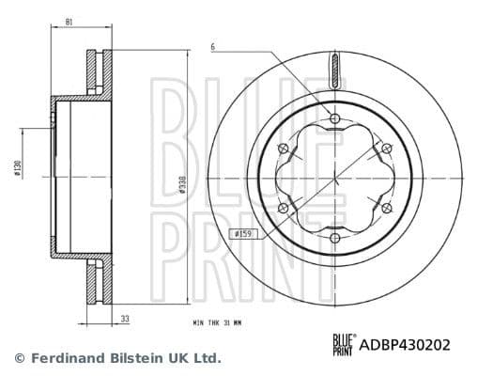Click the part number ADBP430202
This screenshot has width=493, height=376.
click(405, 345)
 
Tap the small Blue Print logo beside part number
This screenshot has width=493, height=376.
click(345, 345)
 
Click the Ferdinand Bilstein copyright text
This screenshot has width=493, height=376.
click(117, 358)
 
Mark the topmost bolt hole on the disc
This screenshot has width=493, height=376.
click(335, 117)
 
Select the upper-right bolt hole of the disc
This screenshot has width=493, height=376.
click(388, 149)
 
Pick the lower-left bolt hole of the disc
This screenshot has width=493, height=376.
click(283, 209)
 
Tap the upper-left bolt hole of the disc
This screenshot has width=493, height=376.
click(283, 149)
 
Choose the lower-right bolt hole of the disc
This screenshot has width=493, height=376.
click(388, 209)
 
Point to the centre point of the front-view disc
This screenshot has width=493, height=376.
click(335, 179)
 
